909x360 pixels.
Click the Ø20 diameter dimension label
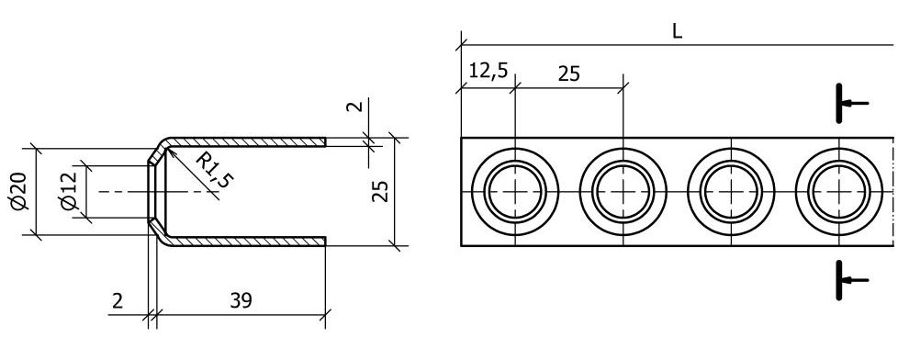(x=18, y=191)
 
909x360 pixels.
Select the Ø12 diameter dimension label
(x=69, y=191)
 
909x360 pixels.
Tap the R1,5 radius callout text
(x=213, y=170)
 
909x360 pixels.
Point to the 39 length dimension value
(x=241, y=300)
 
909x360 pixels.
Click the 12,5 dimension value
(x=488, y=71)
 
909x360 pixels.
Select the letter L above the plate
(x=677, y=31)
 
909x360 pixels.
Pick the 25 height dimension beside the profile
(x=380, y=191)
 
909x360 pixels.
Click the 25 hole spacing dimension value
(x=568, y=73)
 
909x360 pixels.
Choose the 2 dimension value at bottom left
(x=118, y=301)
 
